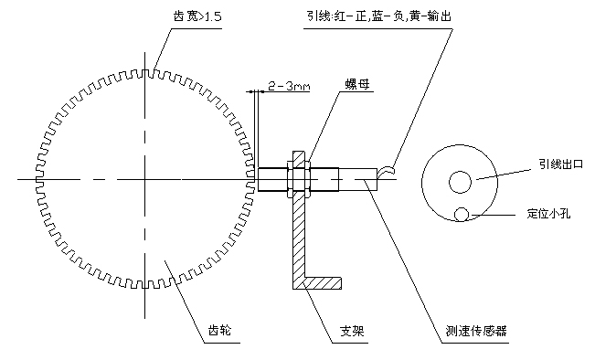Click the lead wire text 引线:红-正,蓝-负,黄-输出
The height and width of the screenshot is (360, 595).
click(x=380, y=17)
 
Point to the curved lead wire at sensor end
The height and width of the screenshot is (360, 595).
click(x=390, y=168)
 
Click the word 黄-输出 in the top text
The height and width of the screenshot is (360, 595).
click(x=430, y=17)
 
